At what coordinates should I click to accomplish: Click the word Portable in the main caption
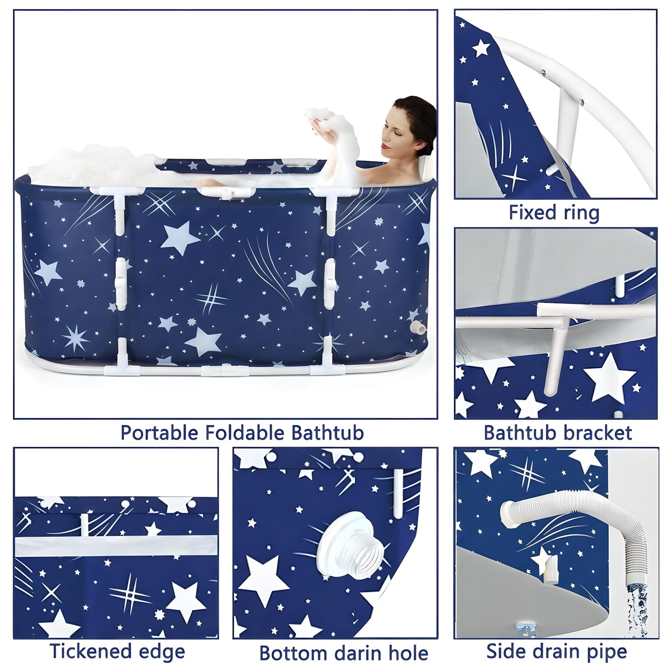(x=160, y=433)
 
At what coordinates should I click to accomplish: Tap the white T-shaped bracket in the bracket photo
(x=553, y=343)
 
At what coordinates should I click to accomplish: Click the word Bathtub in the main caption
(x=327, y=432)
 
